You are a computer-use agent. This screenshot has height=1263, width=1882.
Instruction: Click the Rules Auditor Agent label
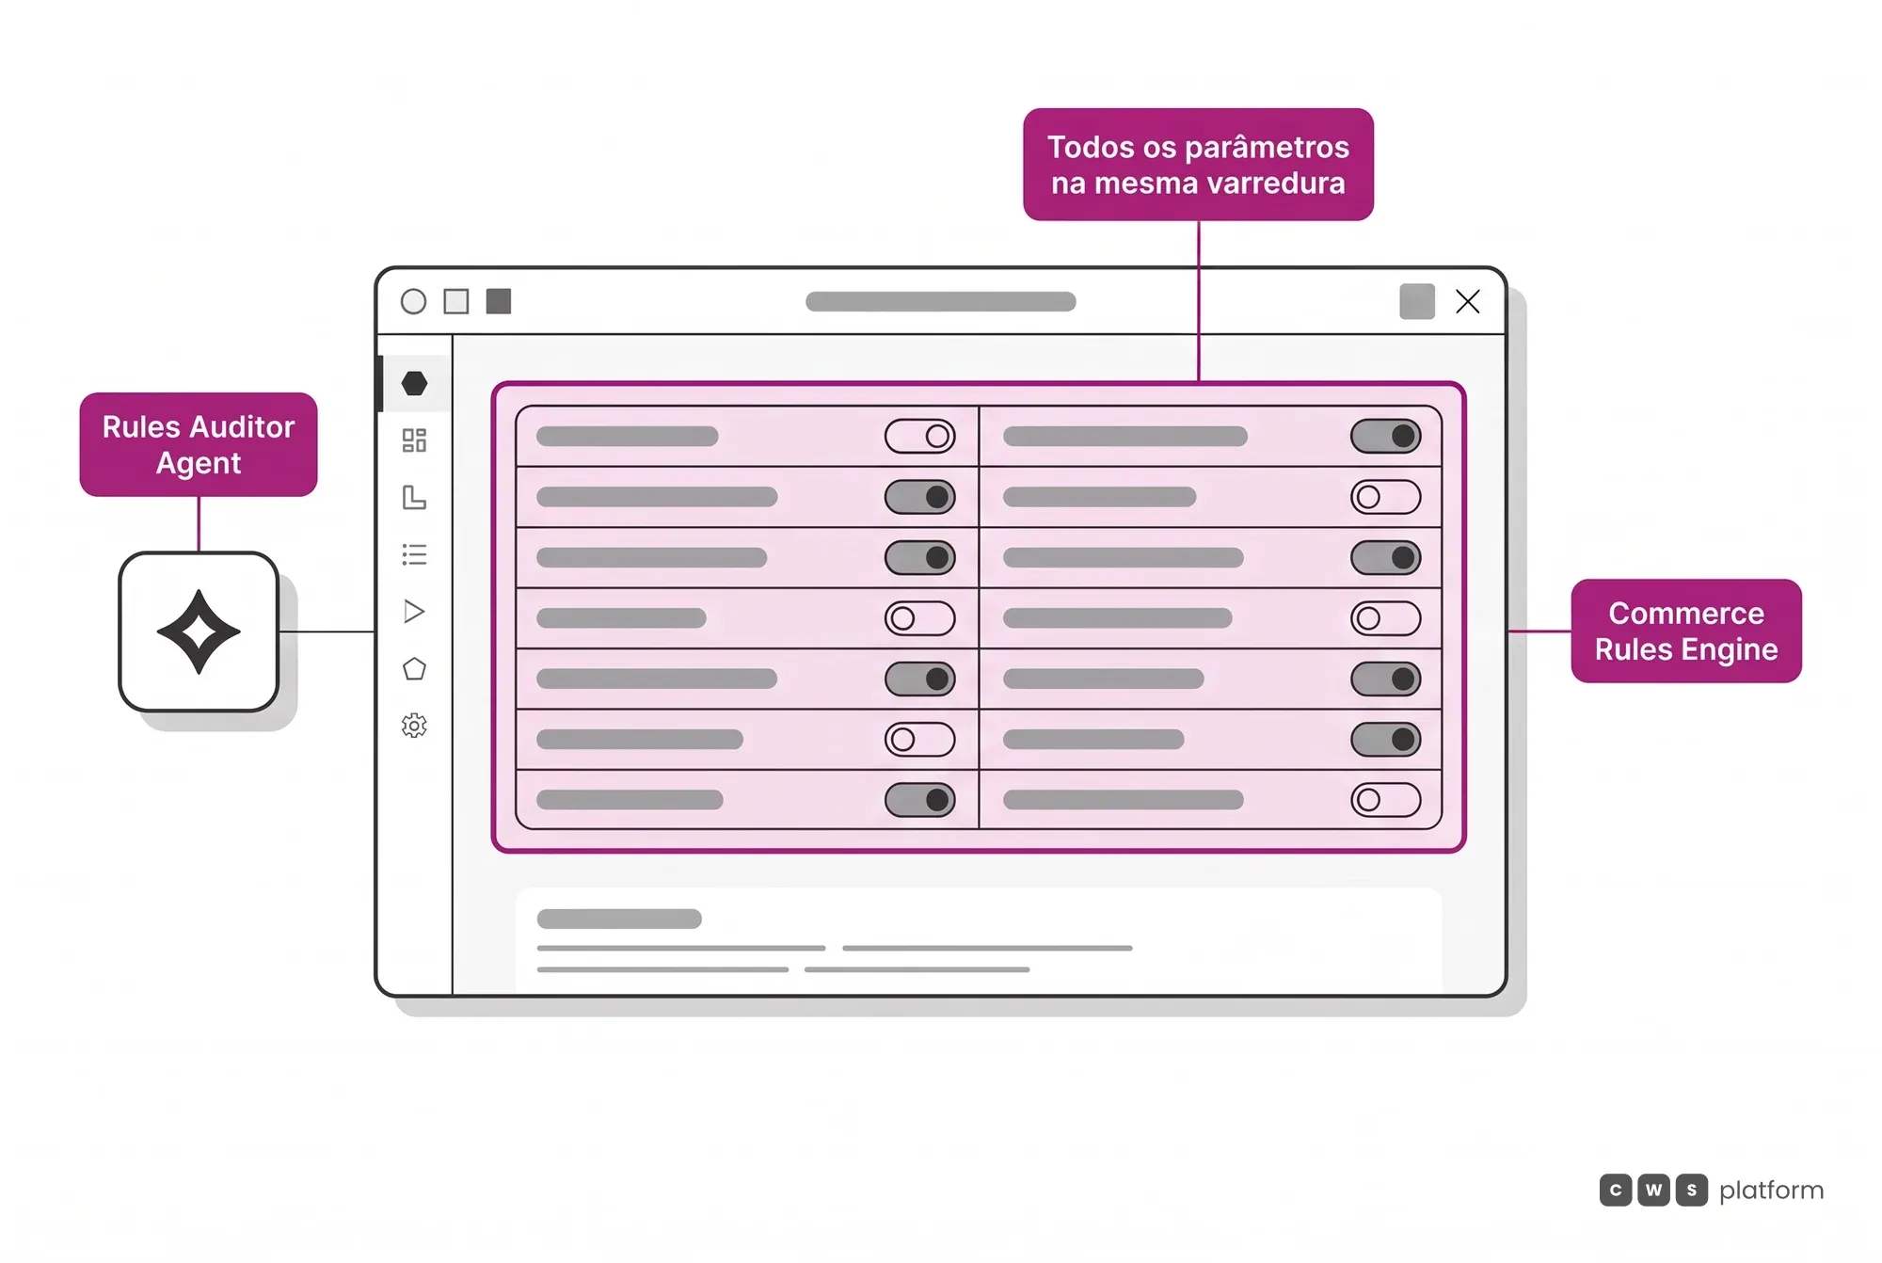[199, 444]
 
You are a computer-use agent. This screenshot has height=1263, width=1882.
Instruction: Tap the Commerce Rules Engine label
[1686, 631]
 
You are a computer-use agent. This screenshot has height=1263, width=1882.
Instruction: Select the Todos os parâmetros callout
[1198, 165]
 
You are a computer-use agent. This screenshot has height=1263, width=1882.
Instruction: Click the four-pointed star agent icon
[199, 631]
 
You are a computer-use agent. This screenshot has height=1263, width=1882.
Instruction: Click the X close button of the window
[1468, 301]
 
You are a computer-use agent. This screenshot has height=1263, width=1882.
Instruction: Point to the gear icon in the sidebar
[414, 726]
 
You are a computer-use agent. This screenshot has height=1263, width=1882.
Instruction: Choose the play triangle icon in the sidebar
[414, 612]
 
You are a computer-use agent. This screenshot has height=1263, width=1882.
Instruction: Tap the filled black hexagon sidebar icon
[414, 383]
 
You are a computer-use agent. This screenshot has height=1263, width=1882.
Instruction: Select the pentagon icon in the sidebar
[414, 669]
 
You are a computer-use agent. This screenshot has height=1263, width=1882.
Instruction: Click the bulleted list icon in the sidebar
[414, 554]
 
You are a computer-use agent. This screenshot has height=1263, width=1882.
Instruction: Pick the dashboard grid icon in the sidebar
[414, 440]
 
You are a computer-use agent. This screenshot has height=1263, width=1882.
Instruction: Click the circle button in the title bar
[413, 301]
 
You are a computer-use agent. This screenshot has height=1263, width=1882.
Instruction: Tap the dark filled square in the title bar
[499, 301]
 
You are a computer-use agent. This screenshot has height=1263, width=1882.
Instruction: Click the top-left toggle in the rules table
[919, 436]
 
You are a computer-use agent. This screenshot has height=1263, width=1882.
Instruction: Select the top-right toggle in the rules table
[1385, 436]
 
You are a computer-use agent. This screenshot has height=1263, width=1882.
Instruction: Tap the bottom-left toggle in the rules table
[919, 800]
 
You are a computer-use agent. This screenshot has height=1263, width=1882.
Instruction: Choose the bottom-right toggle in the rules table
[1385, 800]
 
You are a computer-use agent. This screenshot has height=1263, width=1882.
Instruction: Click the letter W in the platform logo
[1653, 1190]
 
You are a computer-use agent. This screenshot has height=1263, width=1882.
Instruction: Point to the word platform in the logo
[1771, 1191]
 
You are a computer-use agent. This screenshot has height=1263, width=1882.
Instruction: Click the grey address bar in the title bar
[940, 301]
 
